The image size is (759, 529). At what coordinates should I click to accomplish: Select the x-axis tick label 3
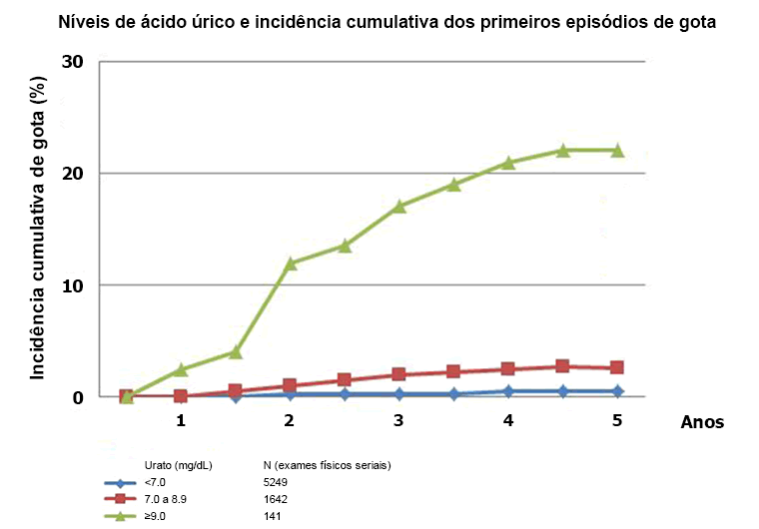pos(398,420)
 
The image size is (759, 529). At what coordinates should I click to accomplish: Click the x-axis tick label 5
pos(617,420)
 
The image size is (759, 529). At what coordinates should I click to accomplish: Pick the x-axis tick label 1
pos(181,420)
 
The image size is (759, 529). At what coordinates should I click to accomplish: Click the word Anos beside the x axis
pos(702,422)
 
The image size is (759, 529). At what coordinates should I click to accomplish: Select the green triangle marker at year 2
pos(290,264)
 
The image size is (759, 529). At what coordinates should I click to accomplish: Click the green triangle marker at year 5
pos(617,150)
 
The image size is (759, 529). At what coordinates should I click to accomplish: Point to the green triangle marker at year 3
pos(398,206)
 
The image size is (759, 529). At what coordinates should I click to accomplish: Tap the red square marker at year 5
pos(617,367)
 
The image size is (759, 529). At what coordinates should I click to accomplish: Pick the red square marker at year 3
pos(398,374)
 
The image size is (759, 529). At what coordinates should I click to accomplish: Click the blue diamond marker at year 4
pos(508,391)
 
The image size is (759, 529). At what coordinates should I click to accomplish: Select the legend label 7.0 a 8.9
pos(167,499)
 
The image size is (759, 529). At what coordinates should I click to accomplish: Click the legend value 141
pos(272,516)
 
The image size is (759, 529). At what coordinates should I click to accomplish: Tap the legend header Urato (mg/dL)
pos(179,465)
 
